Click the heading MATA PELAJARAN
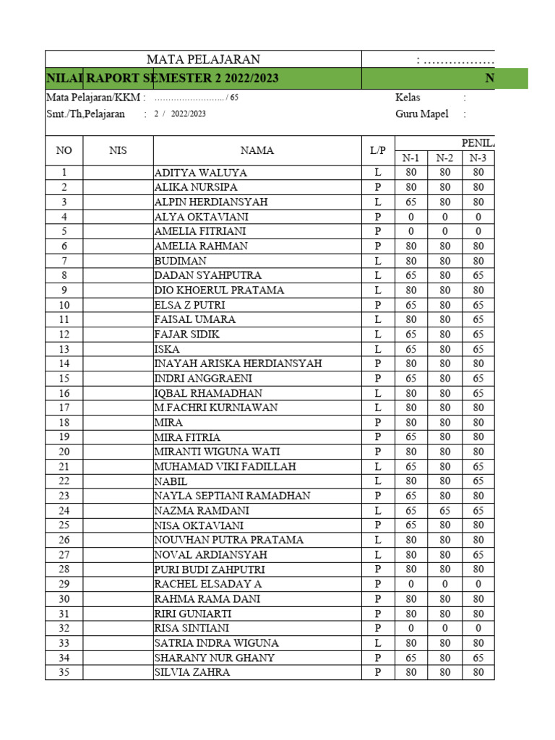pyautogui.click(x=203, y=59)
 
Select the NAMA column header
pyautogui.click(x=257, y=150)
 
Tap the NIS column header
pyautogui.click(x=118, y=150)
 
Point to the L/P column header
pyautogui.click(x=378, y=150)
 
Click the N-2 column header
pyautogui.click(x=444, y=158)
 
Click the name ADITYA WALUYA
pyautogui.click(x=201, y=173)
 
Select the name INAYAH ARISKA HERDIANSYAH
pyautogui.click(x=238, y=363)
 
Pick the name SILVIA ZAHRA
pyautogui.click(x=192, y=672)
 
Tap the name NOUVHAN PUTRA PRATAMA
pyautogui.click(x=229, y=540)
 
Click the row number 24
pyautogui.click(x=64, y=510)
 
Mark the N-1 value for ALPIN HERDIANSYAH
pyautogui.click(x=411, y=202)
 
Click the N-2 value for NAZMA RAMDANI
pyautogui.click(x=444, y=510)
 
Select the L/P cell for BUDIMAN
pyautogui.click(x=378, y=261)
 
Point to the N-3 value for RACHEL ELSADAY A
pyautogui.click(x=478, y=584)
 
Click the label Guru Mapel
pyautogui.click(x=422, y=113)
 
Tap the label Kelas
pyautogui.click(x=408, y=97)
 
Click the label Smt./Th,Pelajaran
pyautogui.click(x=85, y=113)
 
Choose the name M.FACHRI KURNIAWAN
pyautogui.click(x=215, y=408)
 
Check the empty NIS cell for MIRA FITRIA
pyautogui.click(x=118, y=437)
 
